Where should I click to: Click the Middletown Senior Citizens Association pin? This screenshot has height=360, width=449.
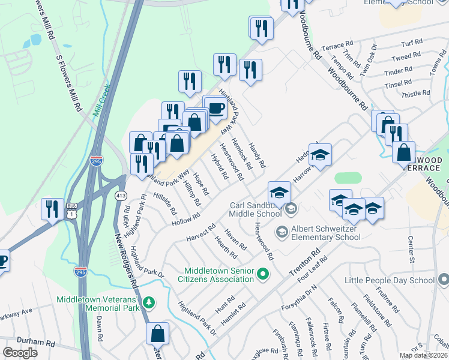pyautogui.click(x=262, y=275)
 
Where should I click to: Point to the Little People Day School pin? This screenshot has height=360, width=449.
pyautogui.click(x=443, y=280)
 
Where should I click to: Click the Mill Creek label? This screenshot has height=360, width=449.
pyautogui.click(x=95, y=99)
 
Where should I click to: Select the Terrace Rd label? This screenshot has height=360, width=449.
pyautogui.click(x=337, y=46)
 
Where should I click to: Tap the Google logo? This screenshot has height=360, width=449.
pyautogui.click(x=20, y=353)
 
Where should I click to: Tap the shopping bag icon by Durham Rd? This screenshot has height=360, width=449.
pyautogui.click(x=157, y=333)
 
